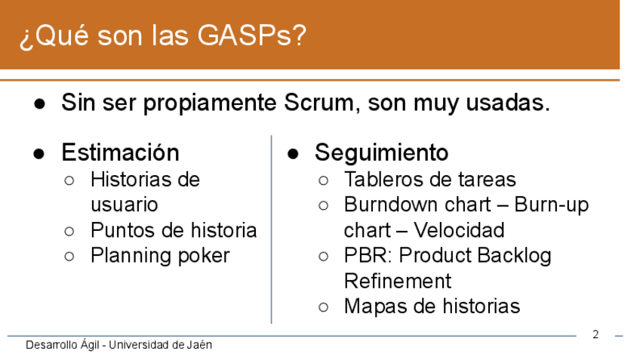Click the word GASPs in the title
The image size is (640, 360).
coord(251,35)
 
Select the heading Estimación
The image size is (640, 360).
coord(121,152)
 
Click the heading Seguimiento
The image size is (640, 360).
coord(382,153)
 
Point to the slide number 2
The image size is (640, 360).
coord(595,334)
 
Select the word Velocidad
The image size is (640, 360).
coord(459,230)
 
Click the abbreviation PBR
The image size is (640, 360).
coord(368,256)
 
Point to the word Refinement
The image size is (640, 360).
coord(398,282)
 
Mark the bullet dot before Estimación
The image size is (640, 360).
coord(39,154)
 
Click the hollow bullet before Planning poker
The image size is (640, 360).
coord(69,257)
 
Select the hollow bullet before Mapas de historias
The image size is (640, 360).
coord(323,307)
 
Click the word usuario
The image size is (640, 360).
coord(124,205)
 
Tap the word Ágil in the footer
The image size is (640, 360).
coord(90,345)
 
